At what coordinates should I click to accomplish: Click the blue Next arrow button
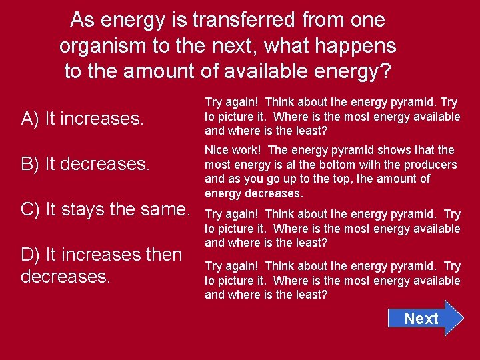click(x=425, y=318)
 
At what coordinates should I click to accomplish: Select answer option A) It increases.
click(x=83, y=119)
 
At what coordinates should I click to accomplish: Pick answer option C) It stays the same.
click(x=105, y=209)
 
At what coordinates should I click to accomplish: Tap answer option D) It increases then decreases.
click(x=101, y=265)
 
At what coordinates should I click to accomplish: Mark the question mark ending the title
click(x=385, y=71)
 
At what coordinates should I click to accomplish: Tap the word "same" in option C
click(x=166, y=209)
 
